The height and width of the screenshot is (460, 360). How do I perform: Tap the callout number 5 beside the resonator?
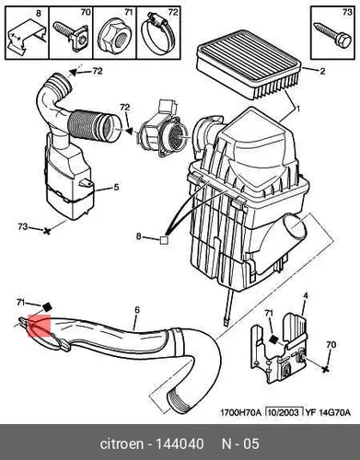coord(116,187)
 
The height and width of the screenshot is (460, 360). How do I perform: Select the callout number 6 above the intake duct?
coord(137,310)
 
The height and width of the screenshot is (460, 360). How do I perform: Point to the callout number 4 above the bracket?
coord(306,296)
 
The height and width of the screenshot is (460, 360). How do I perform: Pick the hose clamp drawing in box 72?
coord(157,34)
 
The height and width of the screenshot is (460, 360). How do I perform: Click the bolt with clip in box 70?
coord(71,36)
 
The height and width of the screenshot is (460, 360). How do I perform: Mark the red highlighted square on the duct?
coord(39,326)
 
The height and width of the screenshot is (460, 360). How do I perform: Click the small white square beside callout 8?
coord(164,240)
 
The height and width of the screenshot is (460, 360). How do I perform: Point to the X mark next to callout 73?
coord(47,230)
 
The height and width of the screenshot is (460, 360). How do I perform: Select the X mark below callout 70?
coord(326,369)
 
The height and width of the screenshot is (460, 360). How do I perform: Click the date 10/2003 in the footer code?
coord(284,412)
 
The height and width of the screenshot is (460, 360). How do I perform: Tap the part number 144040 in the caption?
coord(180,443)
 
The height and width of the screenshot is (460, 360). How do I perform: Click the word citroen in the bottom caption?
coord(122,443)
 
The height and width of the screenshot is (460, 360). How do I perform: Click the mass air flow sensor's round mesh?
coord(176,134)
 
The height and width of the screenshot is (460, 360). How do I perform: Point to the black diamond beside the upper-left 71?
coord(47,306)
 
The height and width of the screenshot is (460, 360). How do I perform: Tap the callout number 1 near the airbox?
coord(297,109)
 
